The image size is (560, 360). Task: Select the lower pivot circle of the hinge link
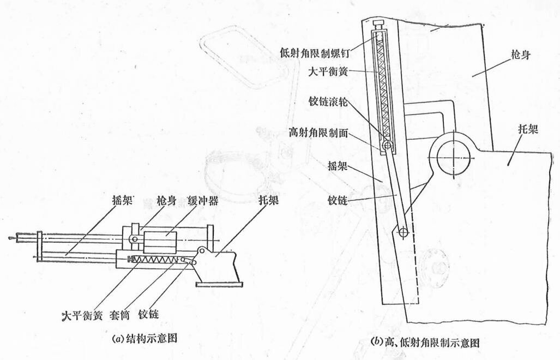[x=403, y=232]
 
